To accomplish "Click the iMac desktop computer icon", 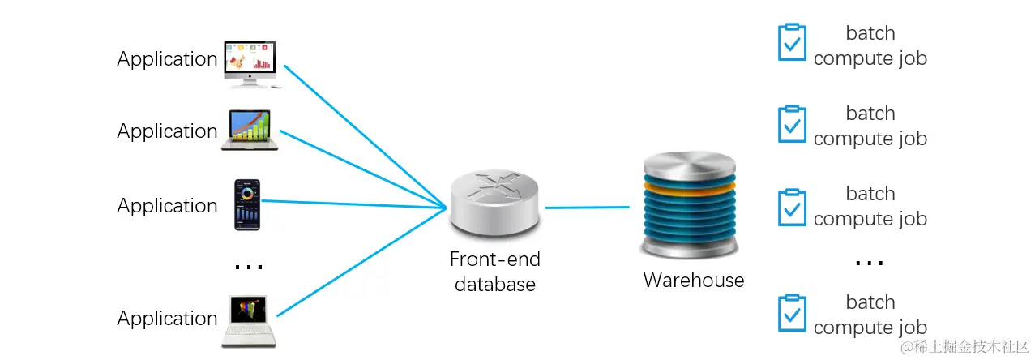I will click(250, 62).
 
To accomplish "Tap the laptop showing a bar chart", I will click(249, 130).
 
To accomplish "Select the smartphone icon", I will click(247, 204).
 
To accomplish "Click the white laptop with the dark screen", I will click(249, 319).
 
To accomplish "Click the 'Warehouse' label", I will click(693, 281).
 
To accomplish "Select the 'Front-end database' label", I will click(495, 272).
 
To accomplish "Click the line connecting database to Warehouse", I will click(587, 208).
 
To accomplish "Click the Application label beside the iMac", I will click(167, 59).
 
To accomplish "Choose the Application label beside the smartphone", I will click(167, 206).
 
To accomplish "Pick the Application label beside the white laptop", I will click(167, 319).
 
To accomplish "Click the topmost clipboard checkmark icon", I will click(791, 42).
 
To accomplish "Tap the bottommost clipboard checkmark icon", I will click(791, 313).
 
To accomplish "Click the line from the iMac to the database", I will click(365, 134).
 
